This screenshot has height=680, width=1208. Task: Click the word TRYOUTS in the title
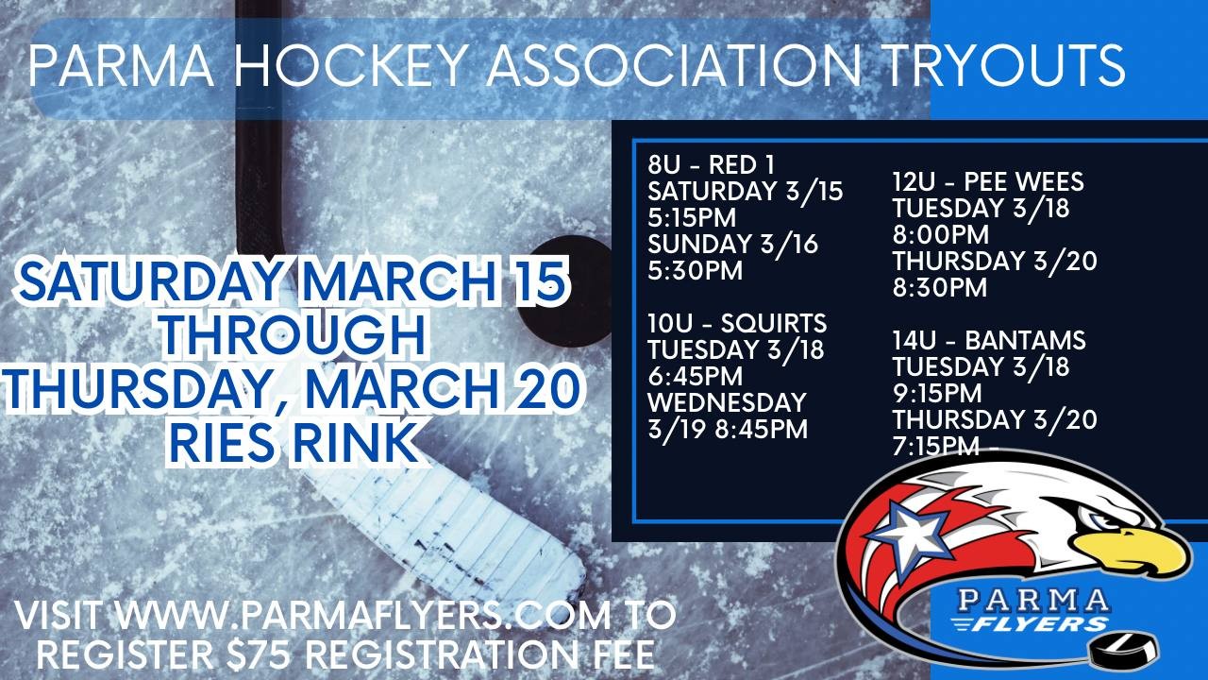[1005, 65]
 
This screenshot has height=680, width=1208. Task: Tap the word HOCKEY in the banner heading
[349, 65]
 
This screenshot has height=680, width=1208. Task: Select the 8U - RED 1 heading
[711, 164]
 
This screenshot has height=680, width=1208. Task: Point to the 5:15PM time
[692, 217]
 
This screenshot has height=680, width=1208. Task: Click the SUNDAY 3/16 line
[733, 245]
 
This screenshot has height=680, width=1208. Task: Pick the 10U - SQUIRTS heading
[737, 323]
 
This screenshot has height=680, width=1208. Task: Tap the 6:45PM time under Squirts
[696, 376]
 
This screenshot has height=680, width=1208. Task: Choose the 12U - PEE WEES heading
[988, 181]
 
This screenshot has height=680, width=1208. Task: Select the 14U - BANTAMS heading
[989, 340]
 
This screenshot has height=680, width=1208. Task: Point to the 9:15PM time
[937, 393]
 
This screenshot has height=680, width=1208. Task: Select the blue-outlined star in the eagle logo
[907, 532]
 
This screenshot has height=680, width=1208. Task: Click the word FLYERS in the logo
[1035, 625]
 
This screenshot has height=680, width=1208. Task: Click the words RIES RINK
[294, 443]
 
